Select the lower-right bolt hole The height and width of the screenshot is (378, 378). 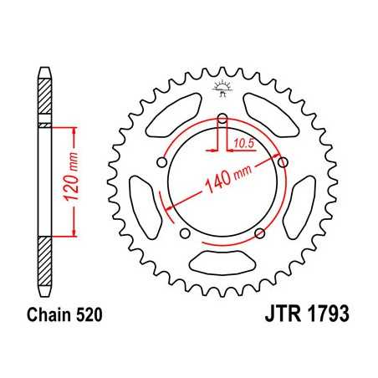click(261, 232)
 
